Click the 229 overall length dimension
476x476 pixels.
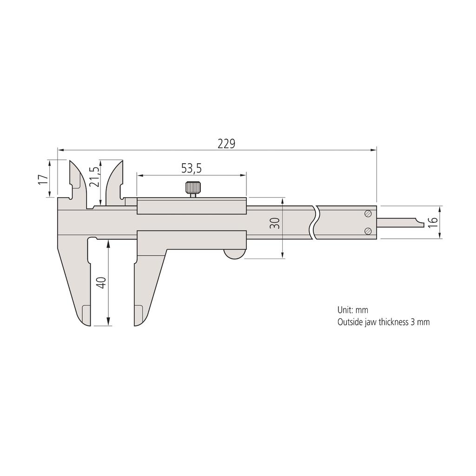[x=227, y=144]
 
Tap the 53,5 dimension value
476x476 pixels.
[x=191, y=169]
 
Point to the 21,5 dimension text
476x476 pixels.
[x=94, y=177]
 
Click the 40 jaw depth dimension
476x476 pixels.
[x=102, y=283]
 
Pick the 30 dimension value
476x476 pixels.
[x=275, y=224]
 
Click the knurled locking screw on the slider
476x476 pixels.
[x=193, y=188]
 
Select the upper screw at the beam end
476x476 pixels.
[x=368, y=213]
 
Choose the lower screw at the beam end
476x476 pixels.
[x=368, y=231]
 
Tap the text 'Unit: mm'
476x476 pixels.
[x=353, y=310]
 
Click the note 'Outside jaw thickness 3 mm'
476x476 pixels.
[x=383, y=322]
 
